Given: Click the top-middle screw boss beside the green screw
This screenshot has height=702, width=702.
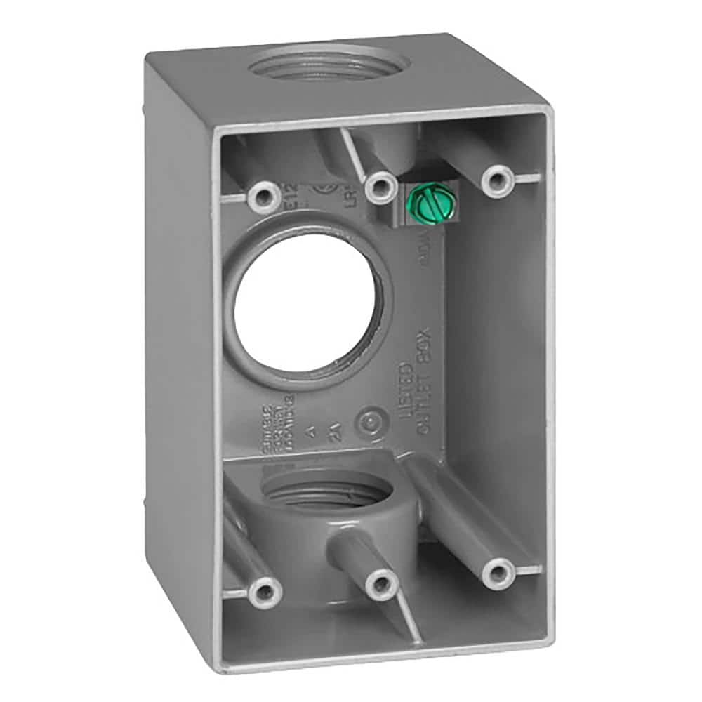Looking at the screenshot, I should (380, 185).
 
